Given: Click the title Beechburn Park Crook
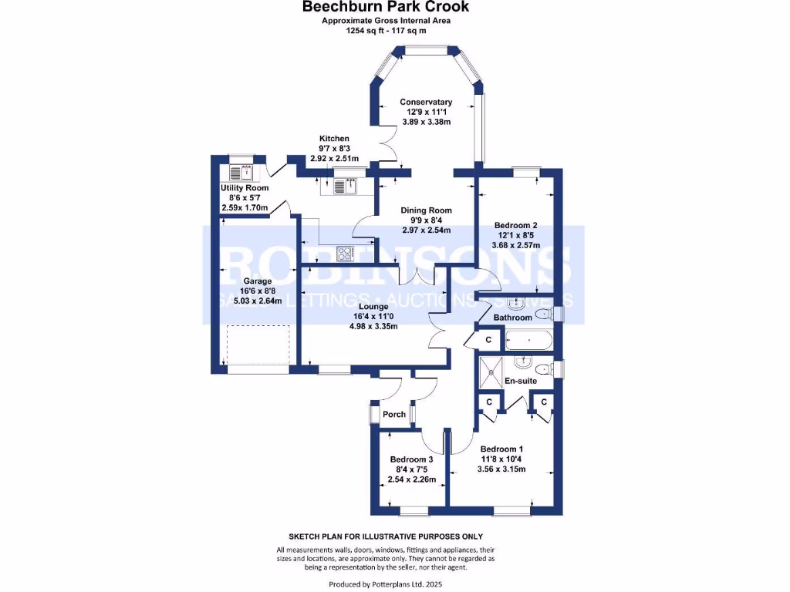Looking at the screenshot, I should (385, 7).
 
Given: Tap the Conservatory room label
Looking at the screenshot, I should (425, 103).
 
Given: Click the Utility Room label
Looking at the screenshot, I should (245, 188).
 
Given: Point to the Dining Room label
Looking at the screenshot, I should (426, 210).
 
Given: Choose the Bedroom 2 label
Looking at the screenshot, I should (515, 226).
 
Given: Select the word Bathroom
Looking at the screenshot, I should (513, 318).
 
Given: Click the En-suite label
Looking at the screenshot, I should (521, 381).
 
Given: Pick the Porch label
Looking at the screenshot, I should (394, 415).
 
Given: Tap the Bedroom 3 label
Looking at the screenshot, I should (412, 459).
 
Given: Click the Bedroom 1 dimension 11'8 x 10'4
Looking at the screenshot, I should (501, 459).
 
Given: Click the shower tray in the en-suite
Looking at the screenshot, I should (490, 369).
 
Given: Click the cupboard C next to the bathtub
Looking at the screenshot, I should (488, 340).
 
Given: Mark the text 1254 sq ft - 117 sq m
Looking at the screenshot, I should (385, 31).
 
